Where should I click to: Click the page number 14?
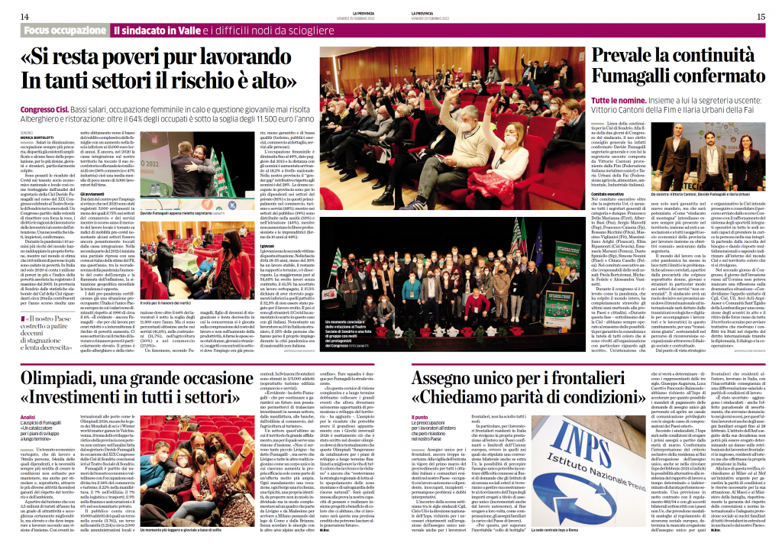tap(24, 16)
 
